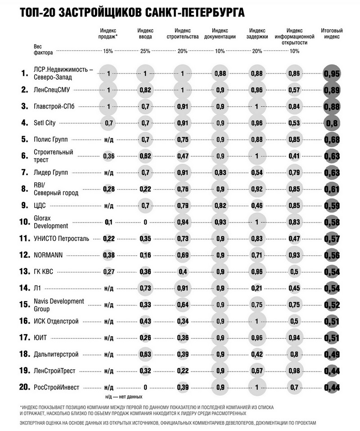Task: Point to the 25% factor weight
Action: (145, 51)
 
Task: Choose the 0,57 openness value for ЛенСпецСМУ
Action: (294, 90)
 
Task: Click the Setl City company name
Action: (47, 122)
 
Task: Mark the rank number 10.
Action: (24, 222)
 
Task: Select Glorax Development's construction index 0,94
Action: (182, 222)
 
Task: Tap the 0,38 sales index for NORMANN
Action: (108, 255)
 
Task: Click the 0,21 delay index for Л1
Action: (257, 288)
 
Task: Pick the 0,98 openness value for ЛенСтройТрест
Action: (294, 371)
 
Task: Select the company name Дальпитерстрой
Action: (57, 354)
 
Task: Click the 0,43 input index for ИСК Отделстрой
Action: (145, 321)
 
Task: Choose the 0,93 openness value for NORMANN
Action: (294, 255)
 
